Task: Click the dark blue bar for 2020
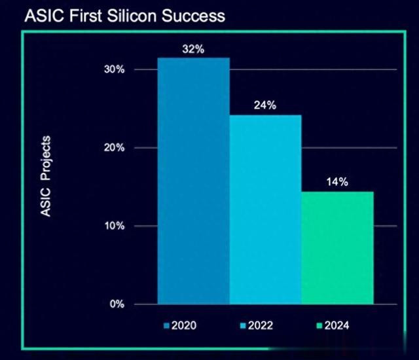pos(194,181)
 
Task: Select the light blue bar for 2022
pos(265,209)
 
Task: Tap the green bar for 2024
pos(338,248)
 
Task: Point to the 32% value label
pos(193,49)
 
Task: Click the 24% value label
pos(265,105)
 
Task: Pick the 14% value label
pos(337,182)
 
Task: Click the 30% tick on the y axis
pos(114,69)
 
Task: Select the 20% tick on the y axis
pos(114,147)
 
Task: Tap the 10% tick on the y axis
pos(115,226)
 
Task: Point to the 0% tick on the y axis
pos(117,304)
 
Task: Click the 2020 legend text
pos(184,325)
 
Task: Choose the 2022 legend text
pos(261,325)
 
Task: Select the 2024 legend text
pos(337,325)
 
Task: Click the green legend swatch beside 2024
pos(319,326)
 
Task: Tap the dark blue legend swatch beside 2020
pos(166,326)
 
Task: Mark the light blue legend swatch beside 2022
pos(243,326)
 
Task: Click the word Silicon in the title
pos(132,16)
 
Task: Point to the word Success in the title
pos(194,16)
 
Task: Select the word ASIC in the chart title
pos(45,16)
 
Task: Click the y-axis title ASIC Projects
pos(45,176)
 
